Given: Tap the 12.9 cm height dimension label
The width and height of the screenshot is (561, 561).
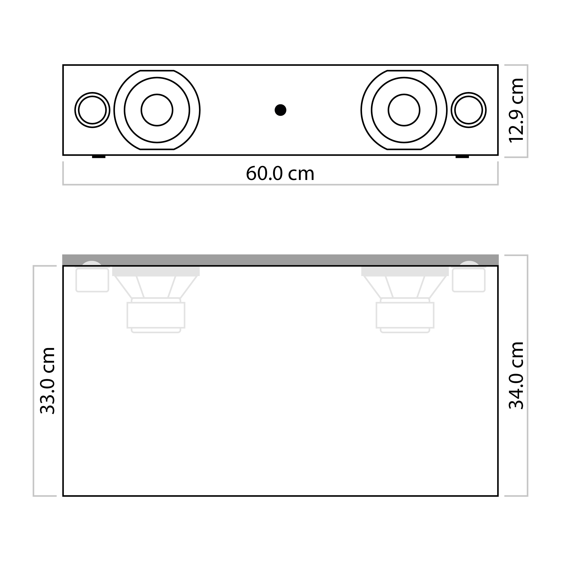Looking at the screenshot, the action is [517, 110].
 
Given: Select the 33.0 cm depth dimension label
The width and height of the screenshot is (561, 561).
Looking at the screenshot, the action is [47, 380].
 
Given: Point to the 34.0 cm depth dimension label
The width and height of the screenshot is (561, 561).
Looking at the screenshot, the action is [517, 375].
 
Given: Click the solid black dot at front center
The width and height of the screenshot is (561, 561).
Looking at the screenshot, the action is [280, 110].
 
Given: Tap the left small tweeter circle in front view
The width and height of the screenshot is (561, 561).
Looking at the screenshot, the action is [92, 110].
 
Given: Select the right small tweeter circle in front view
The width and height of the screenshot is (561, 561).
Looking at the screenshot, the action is [469, 110].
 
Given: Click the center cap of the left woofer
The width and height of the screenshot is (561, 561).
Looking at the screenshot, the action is [157, 110].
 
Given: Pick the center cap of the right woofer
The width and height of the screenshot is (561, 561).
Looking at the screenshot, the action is [404, 110].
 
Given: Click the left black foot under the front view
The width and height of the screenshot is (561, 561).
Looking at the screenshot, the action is [99, 157].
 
